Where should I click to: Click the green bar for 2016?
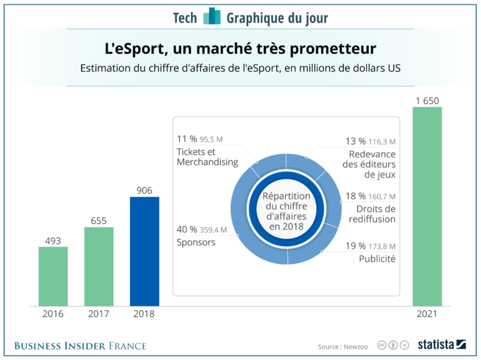pyautogui.click(x=53, y=276)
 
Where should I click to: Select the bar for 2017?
pyautogui.click(x=99, y=266)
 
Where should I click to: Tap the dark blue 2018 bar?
pyautogui.click(x=145, y=251)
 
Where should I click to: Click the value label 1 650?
pyautogui.click(x=427, y=100)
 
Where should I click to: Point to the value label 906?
pyautogui.click(x=145, y=190)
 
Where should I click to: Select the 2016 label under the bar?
pyautogui.click(x=53, y=314)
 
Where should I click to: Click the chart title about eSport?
pyautogui.click(x=240, y=48)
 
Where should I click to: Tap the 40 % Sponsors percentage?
pyautogui.click(x=187, y=230)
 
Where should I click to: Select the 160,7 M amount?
pyautogui.click(x=382, y=197)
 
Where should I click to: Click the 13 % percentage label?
pyautogui.click(x=355, y=141)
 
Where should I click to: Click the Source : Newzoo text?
pyautogui.click(x=343, y=346)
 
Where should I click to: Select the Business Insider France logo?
pyautogui.click(x=80, y=346)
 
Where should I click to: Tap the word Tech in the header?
pyautogui.click(x=185, y=18)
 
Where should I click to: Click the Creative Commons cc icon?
pyautogui.click(x=381, y=345)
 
